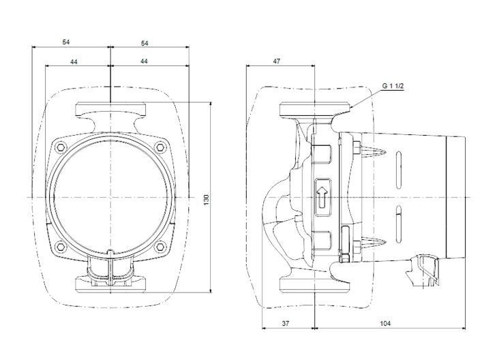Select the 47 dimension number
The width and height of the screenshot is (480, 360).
tap(276, 61)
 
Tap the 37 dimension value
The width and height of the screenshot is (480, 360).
tap(287, 323)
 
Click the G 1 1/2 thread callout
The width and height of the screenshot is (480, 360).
tap(393, 86)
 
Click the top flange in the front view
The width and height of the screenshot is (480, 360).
tap(110, 110)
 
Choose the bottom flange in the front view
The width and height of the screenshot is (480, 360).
tap(110, 282)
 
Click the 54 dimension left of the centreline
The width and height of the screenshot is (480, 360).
tap(66, 42)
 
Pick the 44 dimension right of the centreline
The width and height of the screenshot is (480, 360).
tap(145, 61)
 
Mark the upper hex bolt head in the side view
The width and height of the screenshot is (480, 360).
tap(355, 146)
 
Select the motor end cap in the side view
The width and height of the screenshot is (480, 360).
tap(453, 197)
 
